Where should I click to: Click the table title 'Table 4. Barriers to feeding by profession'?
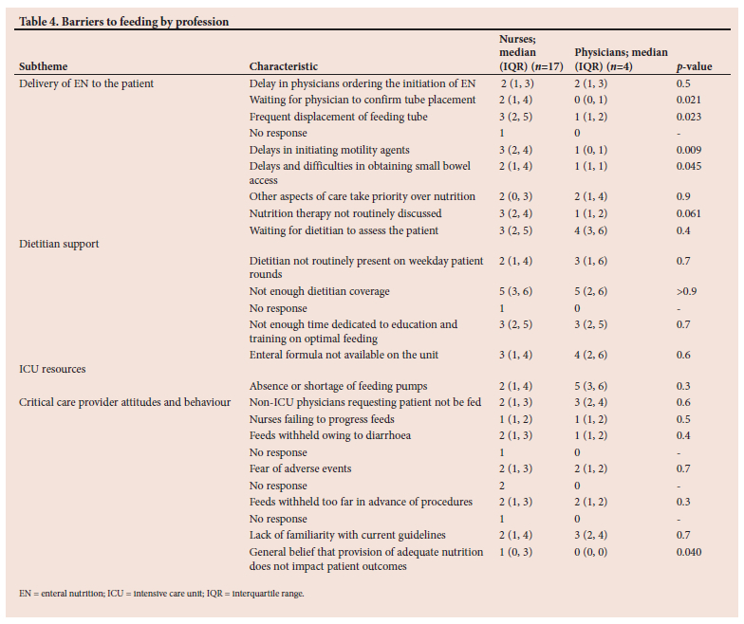[x=123, y=22]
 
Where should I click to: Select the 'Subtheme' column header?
[x=44, y=66]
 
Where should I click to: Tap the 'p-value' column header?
[x=695, y=66]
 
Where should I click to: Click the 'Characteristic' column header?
[x=284, y=66]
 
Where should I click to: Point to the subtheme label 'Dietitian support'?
[x=59, y=244]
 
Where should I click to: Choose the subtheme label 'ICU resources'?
[x=52, y=369]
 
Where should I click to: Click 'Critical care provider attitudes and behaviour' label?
[x=125, y=402]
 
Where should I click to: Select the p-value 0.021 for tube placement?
[x=689, y=101]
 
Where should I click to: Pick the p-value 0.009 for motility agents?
[x=689, y=150]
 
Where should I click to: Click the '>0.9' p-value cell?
[x=687, y=292]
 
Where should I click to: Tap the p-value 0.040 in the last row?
[x=689, y=552]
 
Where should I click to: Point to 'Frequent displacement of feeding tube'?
[x=338, y=118]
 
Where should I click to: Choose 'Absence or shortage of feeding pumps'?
[x=338, y=387]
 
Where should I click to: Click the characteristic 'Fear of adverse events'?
[x=300, y=468]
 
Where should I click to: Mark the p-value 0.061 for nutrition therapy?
[x=689, y=214]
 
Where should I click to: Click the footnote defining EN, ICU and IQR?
[x=161, y=594]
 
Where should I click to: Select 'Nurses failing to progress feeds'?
[x=322, y=419]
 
